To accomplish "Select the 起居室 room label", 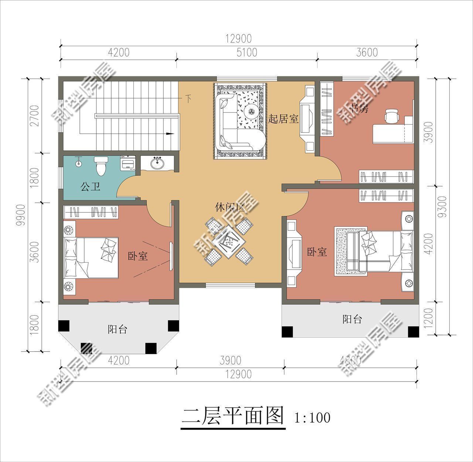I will coord(283,119).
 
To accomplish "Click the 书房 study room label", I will coord(360,109).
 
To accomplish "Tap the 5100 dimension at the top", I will coord(246,52).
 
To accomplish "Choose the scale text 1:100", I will coord(312,418).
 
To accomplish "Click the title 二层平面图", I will coord(233,417).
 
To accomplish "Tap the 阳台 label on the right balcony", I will coord(352,319).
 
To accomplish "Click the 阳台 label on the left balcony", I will coord(118,329).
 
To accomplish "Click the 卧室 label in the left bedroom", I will coord(138,256).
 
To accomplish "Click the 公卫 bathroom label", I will coord(91,187).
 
